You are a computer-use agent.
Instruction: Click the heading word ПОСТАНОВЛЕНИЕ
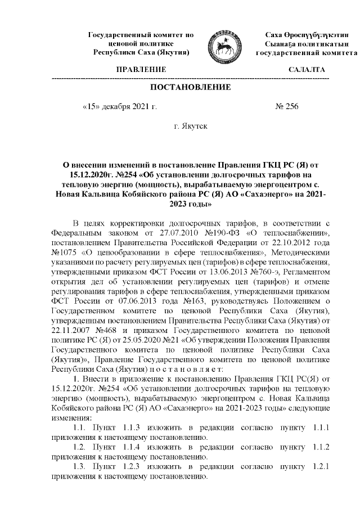click(190, 87)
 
